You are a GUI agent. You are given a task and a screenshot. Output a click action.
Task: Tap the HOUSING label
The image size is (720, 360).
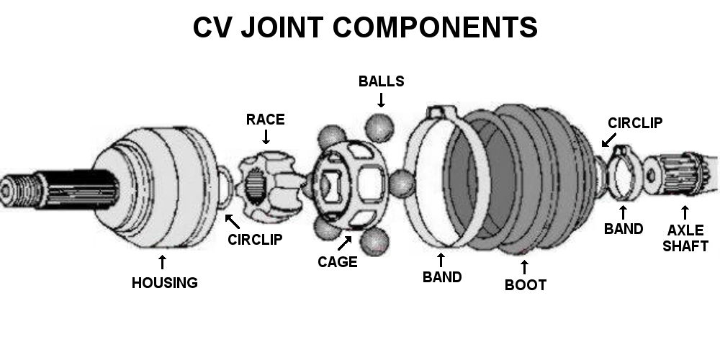point(164,283)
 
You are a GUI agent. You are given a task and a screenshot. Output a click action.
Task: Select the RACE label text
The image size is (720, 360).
point(266,120)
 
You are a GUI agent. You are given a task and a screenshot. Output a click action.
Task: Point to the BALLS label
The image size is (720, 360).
point(381,81)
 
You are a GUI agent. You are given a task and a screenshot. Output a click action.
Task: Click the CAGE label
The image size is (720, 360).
point(338,262)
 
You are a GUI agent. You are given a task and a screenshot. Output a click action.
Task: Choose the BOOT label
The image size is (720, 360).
point(525,284)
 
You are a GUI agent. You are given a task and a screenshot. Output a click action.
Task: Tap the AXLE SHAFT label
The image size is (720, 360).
point(687,238)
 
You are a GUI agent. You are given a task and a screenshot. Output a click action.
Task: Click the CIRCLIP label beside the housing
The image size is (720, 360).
point(254,239)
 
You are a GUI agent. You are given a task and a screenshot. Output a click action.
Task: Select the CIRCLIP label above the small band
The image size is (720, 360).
point(635,123)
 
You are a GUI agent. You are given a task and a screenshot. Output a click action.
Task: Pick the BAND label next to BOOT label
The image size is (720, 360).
point(442,276)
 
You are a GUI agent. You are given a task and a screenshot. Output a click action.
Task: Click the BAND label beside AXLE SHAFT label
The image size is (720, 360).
point(624,230)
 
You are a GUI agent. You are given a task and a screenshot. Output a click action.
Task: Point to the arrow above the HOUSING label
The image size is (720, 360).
point(163,261)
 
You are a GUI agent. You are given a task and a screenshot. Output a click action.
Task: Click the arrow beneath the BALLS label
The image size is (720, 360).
point(381,99)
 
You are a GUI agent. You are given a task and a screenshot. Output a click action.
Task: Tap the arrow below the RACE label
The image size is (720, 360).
point(266,137)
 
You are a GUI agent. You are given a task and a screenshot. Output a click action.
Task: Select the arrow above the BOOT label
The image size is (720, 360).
point(524,266)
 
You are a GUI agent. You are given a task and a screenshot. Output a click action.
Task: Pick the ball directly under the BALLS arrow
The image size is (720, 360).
point(380,129)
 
